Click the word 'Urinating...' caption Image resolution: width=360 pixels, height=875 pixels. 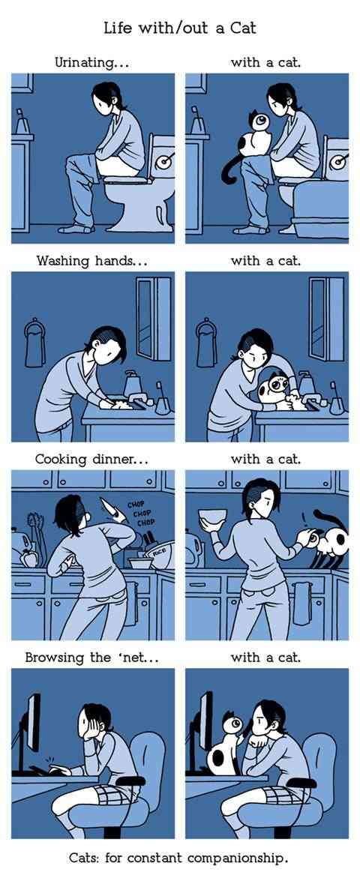(91, 62)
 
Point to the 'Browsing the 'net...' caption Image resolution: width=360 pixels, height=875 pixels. (92, 658)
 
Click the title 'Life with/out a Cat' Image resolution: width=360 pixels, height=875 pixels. (180, 27)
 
